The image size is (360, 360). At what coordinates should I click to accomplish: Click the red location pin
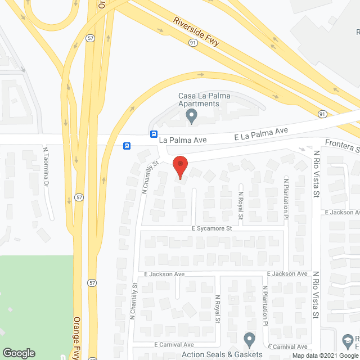180,168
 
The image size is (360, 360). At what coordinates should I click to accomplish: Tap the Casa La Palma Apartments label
199,100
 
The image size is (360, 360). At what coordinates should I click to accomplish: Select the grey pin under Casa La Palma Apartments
192,116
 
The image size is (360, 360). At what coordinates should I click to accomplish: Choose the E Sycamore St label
211,228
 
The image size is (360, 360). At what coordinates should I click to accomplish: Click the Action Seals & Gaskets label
222,354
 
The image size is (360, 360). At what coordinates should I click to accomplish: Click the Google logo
18,353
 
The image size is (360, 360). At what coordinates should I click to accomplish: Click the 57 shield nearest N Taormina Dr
79,197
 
